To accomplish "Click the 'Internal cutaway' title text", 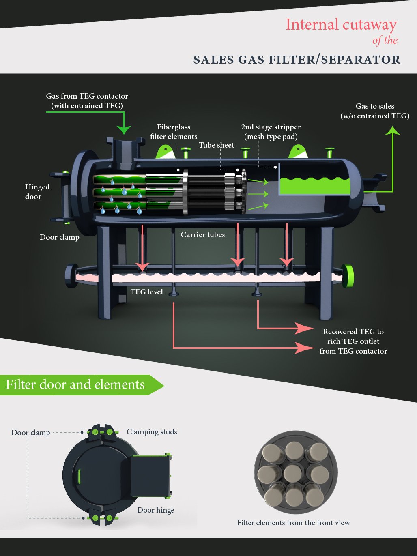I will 341,25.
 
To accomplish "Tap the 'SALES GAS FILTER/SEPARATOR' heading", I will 297,60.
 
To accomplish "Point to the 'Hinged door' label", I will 37,191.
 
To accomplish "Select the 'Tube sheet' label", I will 216,145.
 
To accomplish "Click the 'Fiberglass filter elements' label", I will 174,132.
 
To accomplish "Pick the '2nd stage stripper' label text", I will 271,127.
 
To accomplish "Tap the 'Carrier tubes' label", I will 202,235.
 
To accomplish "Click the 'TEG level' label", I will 146,292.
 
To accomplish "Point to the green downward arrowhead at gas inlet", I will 124,129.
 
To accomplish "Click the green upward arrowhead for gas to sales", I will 392,131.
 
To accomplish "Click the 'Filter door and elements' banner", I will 75,384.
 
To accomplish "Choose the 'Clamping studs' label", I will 152,432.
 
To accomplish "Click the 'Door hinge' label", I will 156,510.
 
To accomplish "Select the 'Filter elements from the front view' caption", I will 293,523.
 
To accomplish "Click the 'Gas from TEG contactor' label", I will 87,96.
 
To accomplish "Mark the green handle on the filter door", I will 79,477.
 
